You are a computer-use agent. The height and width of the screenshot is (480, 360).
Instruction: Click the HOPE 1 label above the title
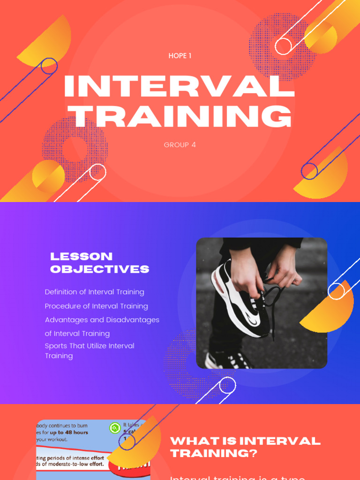[180, 56]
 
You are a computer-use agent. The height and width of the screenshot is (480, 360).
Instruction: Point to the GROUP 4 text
[180, 145]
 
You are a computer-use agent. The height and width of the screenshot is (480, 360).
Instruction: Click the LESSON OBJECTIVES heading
[99, 262]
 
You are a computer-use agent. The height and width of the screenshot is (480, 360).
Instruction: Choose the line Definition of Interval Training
[94, 292]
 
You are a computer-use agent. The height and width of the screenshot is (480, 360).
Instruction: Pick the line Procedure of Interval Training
[96, 306]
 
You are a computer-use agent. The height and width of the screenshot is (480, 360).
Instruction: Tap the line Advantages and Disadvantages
[102, 320]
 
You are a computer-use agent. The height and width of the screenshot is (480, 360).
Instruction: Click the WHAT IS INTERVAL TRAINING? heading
[245, 447]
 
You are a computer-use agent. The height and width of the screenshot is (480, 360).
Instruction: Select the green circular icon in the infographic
[115, 427]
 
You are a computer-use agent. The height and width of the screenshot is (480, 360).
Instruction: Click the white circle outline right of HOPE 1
[283, 46]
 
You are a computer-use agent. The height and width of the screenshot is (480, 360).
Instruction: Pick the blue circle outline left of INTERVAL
[49, 66]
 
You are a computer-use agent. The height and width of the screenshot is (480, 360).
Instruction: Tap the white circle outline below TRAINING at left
[97, 172]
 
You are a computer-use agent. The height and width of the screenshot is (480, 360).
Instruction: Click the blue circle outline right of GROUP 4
[309, 171]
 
